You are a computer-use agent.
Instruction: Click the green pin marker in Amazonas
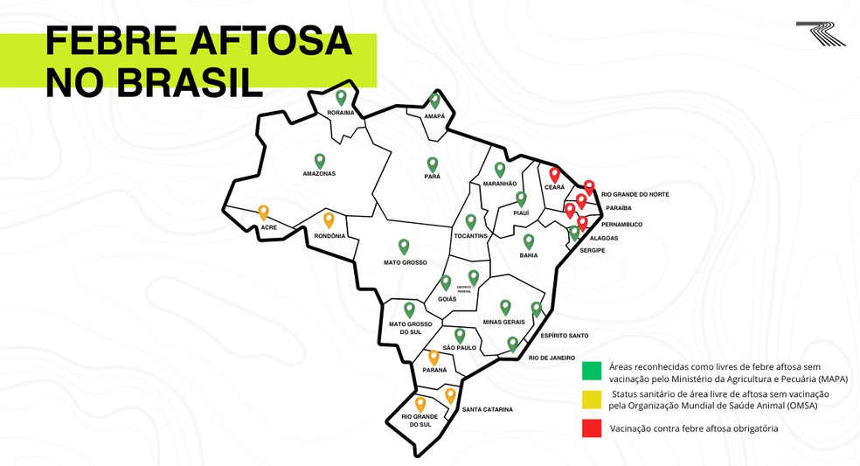point(320,161)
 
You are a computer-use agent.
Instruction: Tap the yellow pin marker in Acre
point(263,212)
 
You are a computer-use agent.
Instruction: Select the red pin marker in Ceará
point(554,174)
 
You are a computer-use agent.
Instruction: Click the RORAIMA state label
point(341,113)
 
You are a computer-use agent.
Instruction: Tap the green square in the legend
point(592,372)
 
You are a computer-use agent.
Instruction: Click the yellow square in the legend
point(592,400)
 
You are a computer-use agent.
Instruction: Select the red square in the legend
point(592,428)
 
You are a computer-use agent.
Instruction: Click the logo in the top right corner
point(821,33)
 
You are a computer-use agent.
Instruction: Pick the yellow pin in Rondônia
point(329,220)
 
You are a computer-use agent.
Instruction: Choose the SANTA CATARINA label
point(487,409)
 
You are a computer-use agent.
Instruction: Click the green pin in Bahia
point(529,241)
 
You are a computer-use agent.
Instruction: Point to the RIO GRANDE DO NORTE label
point(635,194)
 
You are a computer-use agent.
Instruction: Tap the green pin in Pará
point(432,164)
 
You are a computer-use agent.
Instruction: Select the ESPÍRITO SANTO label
point(564,336)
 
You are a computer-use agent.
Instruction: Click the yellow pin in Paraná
point(433,358)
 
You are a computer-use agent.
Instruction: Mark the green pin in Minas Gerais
point(505,307)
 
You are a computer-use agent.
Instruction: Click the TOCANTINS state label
point(470,236)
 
